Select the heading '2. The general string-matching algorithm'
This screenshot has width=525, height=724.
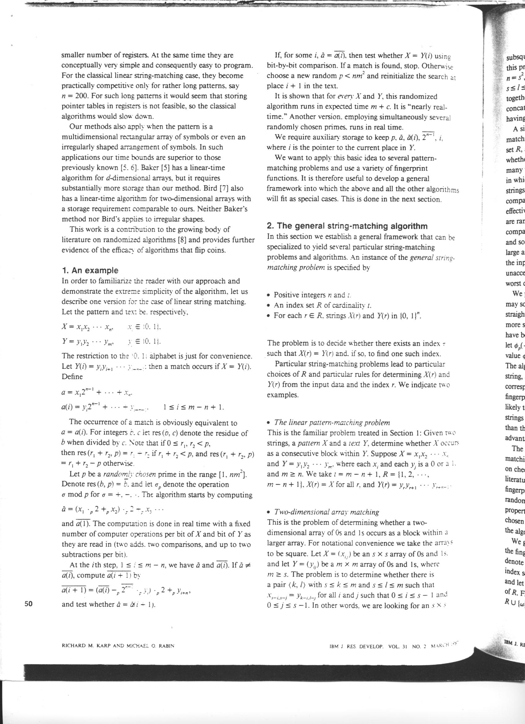347,226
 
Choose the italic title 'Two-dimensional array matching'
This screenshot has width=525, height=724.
327,512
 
